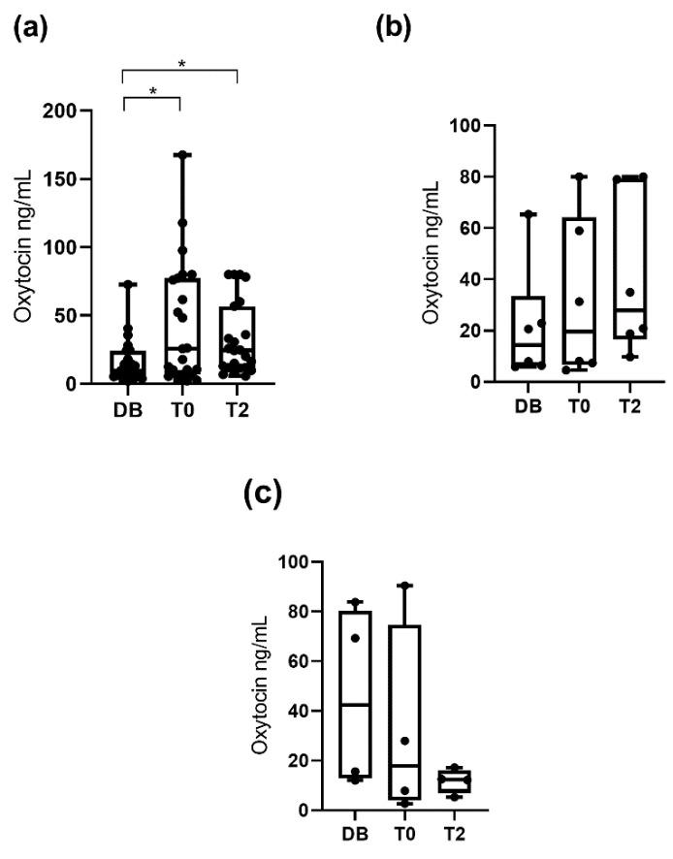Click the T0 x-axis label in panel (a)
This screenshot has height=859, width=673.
[x=182, y=409]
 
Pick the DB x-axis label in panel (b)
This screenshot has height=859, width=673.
[x=528, y=404]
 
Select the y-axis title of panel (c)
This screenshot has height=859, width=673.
[x=260, y=685]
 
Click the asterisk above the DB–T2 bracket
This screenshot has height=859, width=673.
[x=181, y=64]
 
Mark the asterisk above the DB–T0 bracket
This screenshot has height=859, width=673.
[x=153, y=91]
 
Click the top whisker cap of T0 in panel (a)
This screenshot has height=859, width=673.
[x=182, y=154]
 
